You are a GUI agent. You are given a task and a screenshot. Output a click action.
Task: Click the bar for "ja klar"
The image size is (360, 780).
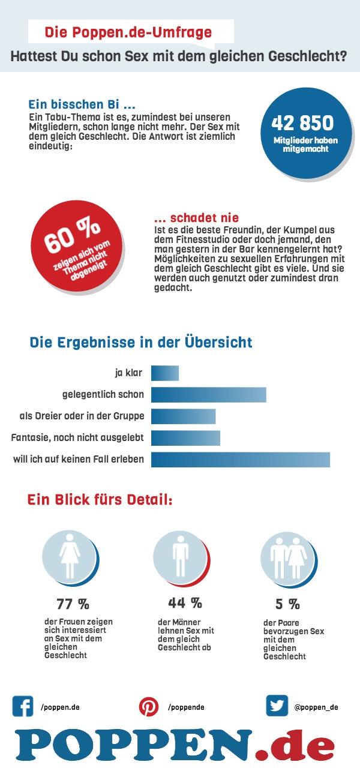pyautogui.click(x=165, y=373)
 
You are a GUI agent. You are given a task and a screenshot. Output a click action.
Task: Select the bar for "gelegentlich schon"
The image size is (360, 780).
pyautogui.click(x=208, y=395)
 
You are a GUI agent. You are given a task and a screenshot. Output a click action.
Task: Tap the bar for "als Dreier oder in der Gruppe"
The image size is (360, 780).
pyautogui.click(x=183, y=416)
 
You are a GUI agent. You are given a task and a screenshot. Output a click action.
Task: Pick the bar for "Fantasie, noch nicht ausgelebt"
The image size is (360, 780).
pyautogui.click(x=185, y=438)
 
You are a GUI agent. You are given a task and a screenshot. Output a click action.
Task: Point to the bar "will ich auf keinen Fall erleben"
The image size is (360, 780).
pyautogui.click(x=241, y=460)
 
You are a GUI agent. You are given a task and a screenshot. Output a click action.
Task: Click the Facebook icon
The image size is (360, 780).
pyautogui.click(x=23, y=706)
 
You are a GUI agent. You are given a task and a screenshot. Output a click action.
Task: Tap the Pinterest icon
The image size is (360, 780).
pyautogui.click(x=149, y=707)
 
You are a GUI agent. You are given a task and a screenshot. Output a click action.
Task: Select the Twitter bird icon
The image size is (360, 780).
pyautogui.click(x=277, y=706)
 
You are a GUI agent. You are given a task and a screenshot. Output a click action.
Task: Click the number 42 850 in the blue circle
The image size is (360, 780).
pyautogui.click(x=302, y=123)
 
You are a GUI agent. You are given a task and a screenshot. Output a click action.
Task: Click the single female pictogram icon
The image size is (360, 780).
pyautogui.click(x=69, y=552)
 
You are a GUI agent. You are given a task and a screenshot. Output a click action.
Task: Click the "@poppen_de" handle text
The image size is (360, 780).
pyautogui.click(x=316, y=707)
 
